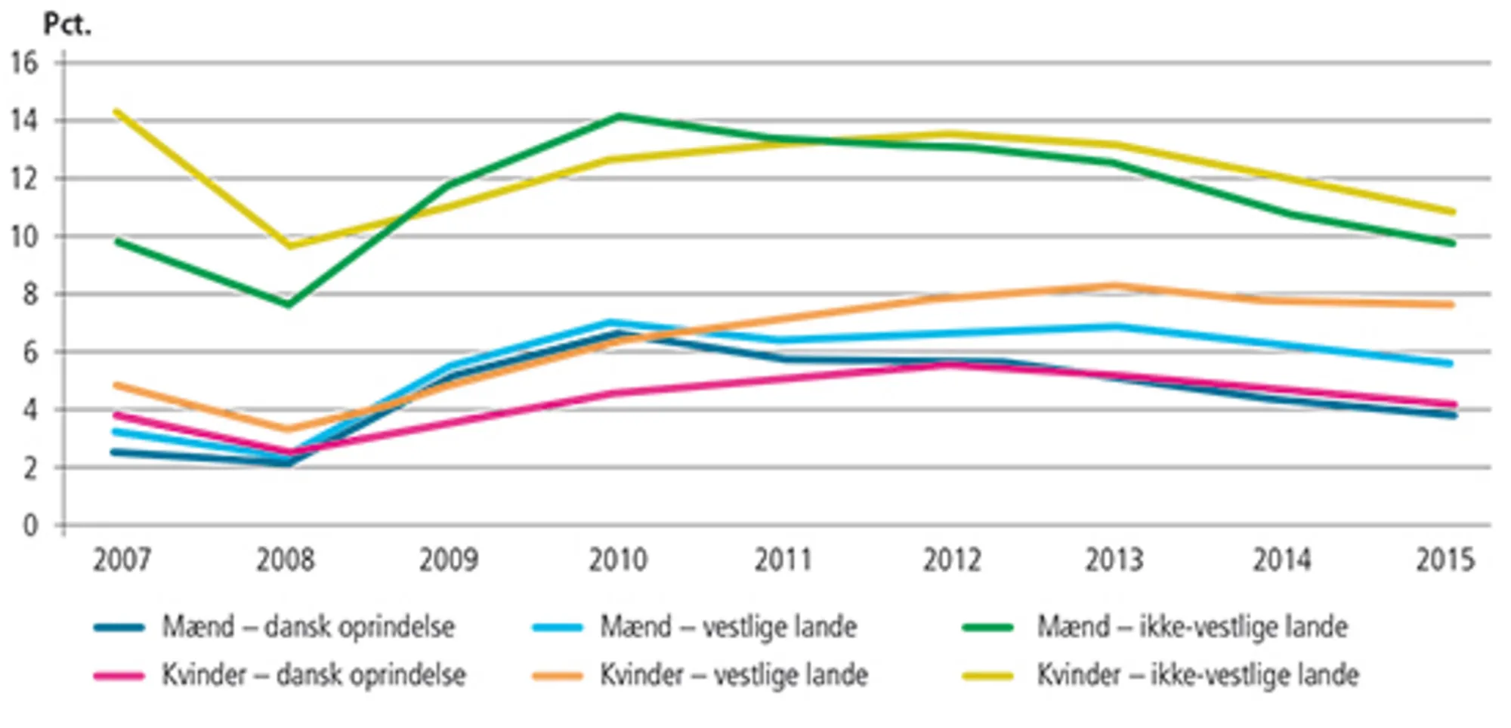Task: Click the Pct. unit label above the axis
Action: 67,25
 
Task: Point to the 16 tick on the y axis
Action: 23,63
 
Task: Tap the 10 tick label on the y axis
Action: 23,237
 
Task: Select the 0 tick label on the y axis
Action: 29,526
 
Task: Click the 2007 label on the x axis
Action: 122,560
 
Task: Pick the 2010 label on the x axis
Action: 618,560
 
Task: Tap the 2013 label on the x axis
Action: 1114,560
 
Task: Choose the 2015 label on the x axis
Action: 1445,560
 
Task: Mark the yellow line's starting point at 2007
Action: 115,111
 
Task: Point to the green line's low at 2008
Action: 289,305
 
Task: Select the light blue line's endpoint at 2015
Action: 1451,364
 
